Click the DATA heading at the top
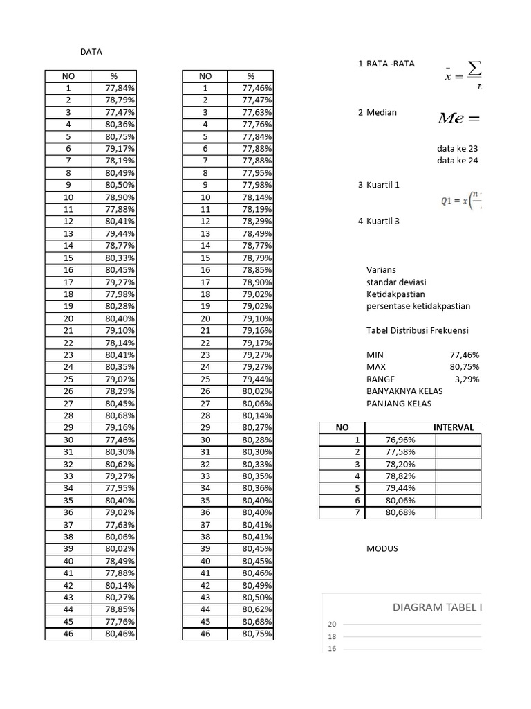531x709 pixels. click(91, 52)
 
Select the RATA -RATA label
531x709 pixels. click(391, 64)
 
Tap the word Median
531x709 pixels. click(382, 112)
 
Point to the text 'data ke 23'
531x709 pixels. click(457, 148)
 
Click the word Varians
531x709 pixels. click(382, 270)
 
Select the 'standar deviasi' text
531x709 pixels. click(396, 282)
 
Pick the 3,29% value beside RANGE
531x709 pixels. click(467, 379)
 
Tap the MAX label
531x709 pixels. click(376, 367)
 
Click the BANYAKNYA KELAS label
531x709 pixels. click(404, 391)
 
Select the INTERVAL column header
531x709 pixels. click(454, 427)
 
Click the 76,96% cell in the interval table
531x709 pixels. click(400, 440)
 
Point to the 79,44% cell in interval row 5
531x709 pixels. click(400, 488)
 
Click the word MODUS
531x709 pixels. click(382, 549)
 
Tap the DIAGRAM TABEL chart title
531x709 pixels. click(436, 608)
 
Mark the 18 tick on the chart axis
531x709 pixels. click(332, 636)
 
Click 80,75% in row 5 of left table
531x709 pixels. click(120, 136)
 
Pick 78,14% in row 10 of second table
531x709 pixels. click(257, 197)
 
